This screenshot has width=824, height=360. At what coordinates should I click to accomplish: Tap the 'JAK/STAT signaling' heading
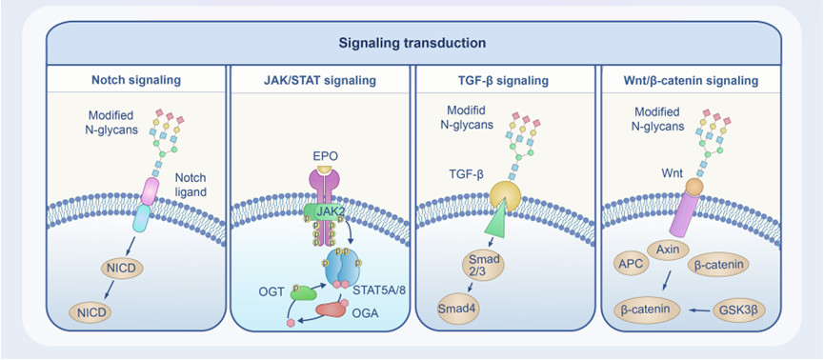click(x=319, y=81)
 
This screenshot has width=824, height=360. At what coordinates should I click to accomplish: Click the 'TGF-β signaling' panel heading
click(x=506, y=81)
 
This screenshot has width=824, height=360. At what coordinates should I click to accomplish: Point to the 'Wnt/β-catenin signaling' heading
click(x=694, y=81)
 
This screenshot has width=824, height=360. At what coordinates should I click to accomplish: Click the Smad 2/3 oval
click(x=483, y=264)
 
